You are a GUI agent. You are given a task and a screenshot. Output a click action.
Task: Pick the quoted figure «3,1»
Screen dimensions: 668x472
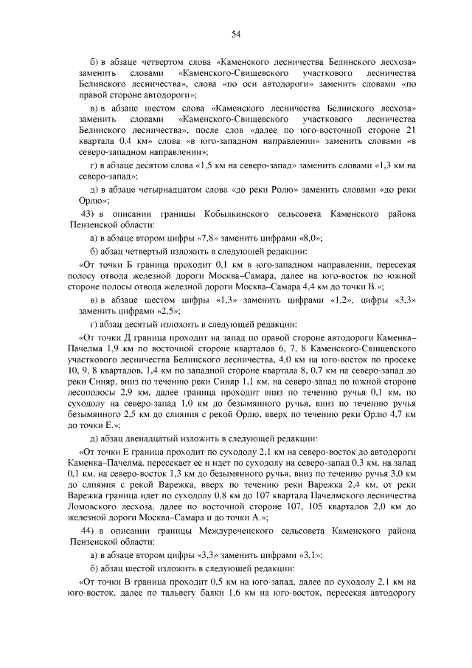[x=308, y=555]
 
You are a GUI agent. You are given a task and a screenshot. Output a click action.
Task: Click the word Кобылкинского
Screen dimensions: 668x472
[x=209, y=213]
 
